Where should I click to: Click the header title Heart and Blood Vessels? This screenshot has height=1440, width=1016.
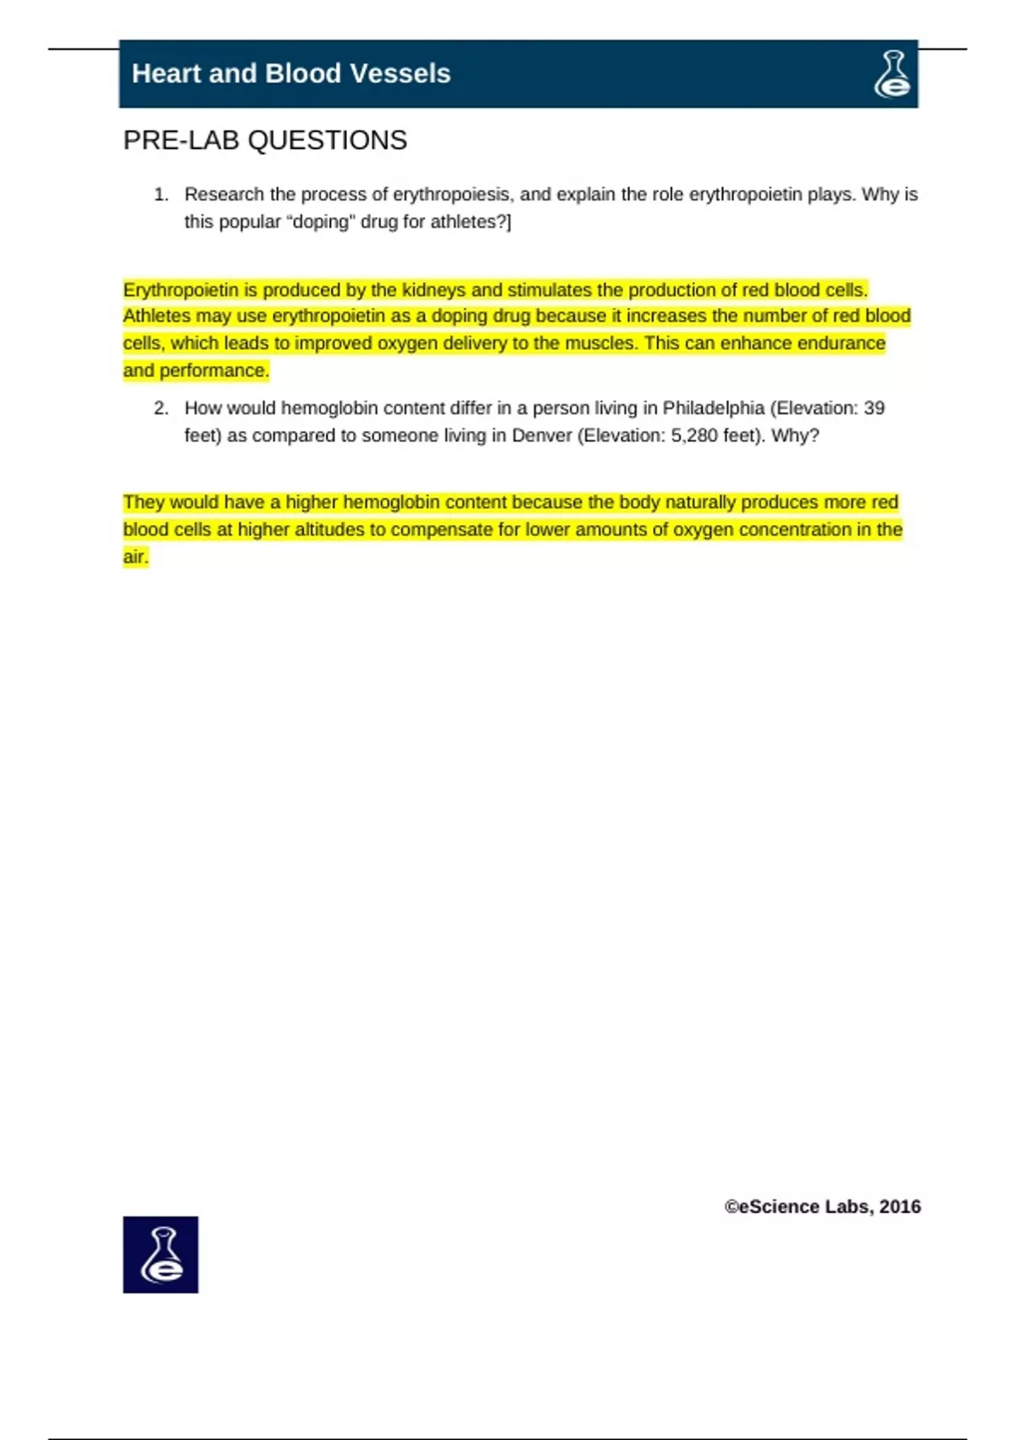coord(290,74)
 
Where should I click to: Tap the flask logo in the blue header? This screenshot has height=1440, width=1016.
coord(892,74)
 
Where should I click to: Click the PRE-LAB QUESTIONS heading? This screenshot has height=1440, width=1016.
coord(265,141)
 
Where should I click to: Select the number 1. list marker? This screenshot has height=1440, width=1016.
coord(161,195)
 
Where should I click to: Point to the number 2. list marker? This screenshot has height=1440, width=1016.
coord(161,408)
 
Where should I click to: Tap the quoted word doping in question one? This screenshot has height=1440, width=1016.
coord(322,222)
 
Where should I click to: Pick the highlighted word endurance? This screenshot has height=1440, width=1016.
coord(844,343)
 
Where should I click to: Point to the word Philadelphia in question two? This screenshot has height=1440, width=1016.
coord(713,408)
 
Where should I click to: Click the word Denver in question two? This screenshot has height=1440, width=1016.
coord(542,435)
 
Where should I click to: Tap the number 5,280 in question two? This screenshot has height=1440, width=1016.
coord(693,435)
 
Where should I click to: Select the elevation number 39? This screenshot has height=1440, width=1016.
coord(874,408)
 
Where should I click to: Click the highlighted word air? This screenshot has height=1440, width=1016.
coord(135,557)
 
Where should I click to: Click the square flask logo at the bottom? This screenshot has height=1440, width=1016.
coord(161,1254)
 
